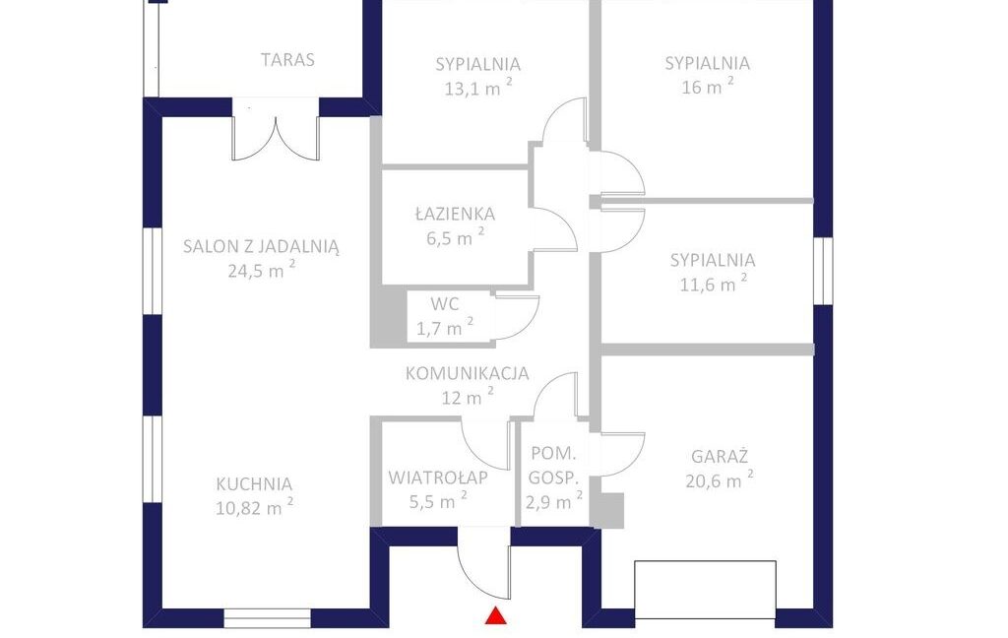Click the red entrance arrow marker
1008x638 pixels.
496,615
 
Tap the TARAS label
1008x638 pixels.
287,60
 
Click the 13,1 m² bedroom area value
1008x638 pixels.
478,88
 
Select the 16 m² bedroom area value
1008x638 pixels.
707,87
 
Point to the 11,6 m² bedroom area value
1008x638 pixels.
714,284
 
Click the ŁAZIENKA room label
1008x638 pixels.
455,214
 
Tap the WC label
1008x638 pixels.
445,303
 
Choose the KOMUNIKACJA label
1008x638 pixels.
468,373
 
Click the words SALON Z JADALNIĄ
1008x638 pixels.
261,246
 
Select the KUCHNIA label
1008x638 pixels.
254,483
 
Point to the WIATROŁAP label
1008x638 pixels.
438,478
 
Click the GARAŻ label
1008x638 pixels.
720,456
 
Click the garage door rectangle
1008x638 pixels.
705,590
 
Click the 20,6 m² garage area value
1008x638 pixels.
720,479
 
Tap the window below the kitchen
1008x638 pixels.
268,618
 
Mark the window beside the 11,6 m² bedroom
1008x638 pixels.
824,271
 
